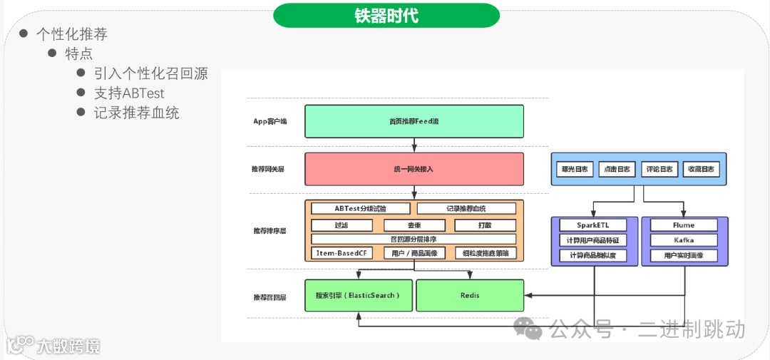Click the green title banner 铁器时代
point(386,16)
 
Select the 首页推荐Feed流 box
point(414,121)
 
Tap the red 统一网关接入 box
point(414,169)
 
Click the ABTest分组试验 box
point(361,209)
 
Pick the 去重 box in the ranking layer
point(414,225)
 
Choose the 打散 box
point(485,225)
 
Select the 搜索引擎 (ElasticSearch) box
point(359,295)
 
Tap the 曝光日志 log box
point(575,170)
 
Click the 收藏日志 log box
point(702,170)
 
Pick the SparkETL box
point(592,225)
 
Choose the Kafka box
point(684,240)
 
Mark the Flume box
point(684,225)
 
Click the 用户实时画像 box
point(684,255)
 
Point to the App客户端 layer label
point(269,121)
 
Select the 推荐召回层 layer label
point(269,297)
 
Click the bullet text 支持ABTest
point(129,93)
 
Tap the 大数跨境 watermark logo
point(53,346)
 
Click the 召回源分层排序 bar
point(414,240)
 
